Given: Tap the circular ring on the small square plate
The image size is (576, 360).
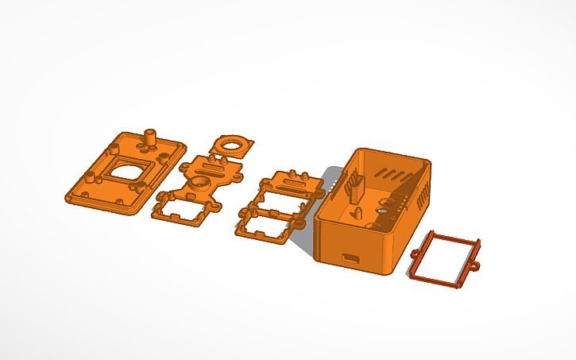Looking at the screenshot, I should pyautogui.click(x=234, y=145).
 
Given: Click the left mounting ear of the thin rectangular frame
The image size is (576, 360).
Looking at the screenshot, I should pyautogui.click(x=416, y=254).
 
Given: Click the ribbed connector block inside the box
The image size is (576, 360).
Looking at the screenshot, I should pyautogui.click(x=354, y=188).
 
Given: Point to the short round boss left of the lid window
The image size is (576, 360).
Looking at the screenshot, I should pyautogui.click(x=114, y=149).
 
